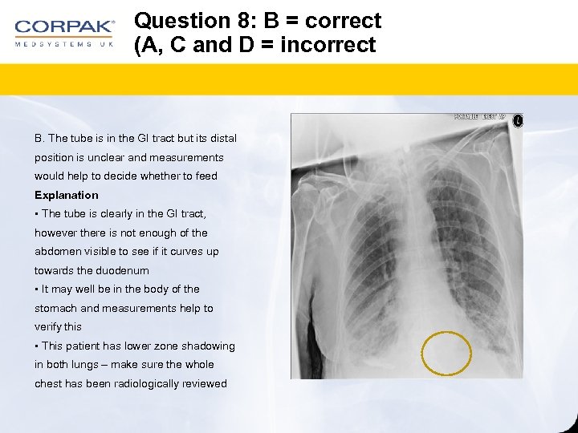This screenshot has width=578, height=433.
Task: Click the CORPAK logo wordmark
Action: [x=64, y=27]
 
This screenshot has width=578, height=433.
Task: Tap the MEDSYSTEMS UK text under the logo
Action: [x=64, y=44]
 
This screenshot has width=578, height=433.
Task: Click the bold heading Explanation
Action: [x=67, y=195]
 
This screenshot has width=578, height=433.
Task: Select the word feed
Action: [x=206, y=176]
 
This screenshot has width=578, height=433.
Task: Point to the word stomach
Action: [x=55, y=308]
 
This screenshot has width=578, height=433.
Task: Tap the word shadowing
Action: [x=207, y=346]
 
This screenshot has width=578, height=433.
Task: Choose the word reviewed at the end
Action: [x=206, y=383]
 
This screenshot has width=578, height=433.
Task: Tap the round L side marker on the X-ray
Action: [x=518, y=121]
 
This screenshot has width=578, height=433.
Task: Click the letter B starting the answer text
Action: [x=39, y=139]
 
